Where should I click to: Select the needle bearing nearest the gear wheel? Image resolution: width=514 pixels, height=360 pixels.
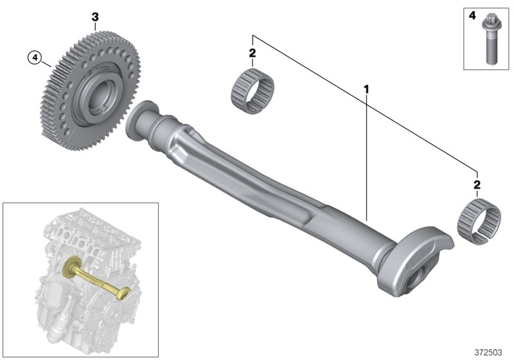(x=253, y=88)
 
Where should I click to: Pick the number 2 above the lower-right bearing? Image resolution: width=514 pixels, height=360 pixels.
(x=476, y=185)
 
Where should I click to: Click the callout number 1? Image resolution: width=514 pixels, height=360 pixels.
(x=366, y=87)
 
